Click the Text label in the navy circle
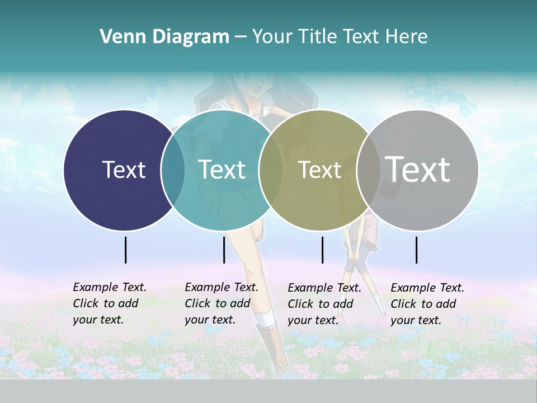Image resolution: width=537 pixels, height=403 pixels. coord(124,170)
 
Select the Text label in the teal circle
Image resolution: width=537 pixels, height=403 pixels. coord(222,170)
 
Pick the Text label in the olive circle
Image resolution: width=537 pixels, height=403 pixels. coord(319,170)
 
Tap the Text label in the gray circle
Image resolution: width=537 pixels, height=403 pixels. coord(418,169)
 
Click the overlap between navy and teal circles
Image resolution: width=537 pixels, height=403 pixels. coord(173,170)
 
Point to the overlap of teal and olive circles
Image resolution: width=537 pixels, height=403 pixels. coord(271,170)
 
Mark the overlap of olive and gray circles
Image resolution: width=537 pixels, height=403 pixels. coord(368,170)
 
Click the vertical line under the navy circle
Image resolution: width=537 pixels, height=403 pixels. coord(126,250)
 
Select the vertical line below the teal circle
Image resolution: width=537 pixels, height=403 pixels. coord(224,250)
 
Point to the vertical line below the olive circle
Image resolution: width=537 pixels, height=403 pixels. coord(322,250)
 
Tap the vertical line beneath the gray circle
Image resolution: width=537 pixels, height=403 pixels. coord(417,250)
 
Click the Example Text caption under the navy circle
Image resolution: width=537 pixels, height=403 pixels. coord(109,303)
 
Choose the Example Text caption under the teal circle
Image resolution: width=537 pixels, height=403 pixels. coord(221,303)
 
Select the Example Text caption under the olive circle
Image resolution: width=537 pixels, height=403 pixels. coord(324,304)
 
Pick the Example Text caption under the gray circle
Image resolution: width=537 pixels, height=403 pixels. coord(427,304)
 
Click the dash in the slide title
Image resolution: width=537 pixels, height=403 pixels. coord(241,38)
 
